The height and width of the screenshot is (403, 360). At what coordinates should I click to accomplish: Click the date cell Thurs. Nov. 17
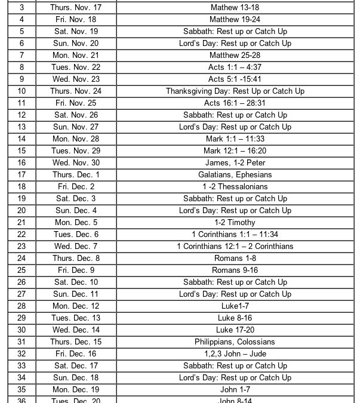76,8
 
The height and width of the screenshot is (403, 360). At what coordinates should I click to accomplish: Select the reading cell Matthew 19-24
235,20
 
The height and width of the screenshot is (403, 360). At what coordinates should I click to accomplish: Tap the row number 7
22,56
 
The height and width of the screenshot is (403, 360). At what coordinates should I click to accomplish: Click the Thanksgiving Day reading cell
235,91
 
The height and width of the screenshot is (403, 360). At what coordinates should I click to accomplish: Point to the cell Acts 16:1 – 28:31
235,103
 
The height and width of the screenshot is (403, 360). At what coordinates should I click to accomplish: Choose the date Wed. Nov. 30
76,163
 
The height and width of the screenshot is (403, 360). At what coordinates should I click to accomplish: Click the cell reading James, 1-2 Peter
235,163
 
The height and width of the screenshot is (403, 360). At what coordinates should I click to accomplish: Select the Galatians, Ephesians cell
235,175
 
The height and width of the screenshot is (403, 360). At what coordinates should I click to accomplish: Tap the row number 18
22,187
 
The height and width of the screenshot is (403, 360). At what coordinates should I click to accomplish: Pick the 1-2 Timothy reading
235,223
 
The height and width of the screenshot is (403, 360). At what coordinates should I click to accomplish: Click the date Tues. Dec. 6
76,235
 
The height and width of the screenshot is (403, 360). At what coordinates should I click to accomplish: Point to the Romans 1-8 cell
235,259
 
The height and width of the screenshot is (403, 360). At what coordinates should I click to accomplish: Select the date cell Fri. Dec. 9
76,270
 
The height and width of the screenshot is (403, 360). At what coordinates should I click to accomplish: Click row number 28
22,306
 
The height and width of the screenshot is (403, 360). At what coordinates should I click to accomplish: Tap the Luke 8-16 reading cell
235,318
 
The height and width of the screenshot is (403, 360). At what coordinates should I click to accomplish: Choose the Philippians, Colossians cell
235,342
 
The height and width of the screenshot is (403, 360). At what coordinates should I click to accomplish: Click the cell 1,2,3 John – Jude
235,354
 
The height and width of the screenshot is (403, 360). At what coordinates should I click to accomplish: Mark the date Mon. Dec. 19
76,390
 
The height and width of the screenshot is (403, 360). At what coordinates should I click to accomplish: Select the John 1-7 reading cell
235,390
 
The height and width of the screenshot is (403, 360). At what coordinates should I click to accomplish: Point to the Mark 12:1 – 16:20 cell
235,151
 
